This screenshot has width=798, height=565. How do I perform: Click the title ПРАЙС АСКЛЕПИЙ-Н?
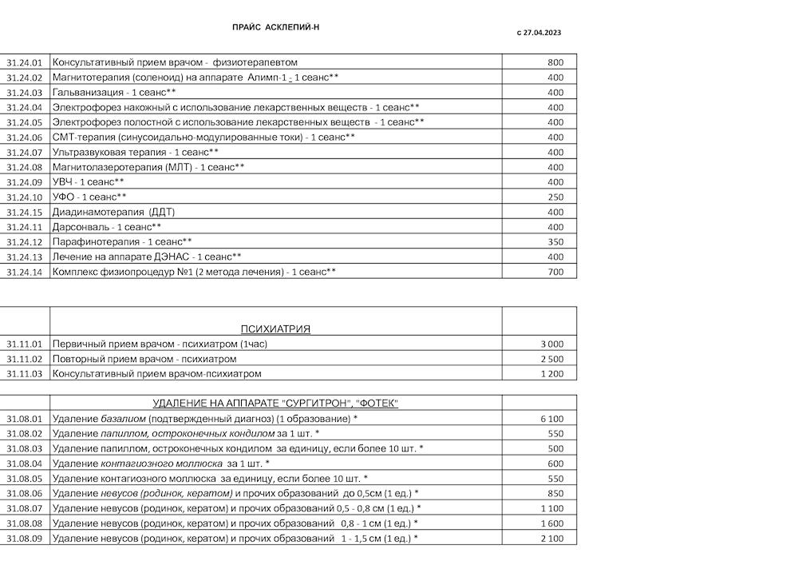pos(275,27)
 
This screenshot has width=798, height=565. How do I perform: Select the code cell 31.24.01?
pos(24,62)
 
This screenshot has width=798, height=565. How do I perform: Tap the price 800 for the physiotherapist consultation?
pos(555,62)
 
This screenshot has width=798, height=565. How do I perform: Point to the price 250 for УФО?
pos(555,197)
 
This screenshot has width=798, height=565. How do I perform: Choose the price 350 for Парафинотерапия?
pos(555,241)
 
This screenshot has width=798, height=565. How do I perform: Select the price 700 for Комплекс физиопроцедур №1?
pos(555,272)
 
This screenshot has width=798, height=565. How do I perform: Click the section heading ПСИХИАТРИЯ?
pos(275,328)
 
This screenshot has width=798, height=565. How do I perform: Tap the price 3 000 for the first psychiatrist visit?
pos(552,344)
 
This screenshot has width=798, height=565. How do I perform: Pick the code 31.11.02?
pos(24,359)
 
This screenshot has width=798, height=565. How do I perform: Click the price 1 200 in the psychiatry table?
pos(552,373)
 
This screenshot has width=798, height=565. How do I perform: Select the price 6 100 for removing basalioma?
pos(552,419)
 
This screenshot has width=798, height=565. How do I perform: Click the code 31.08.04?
pos(24,464)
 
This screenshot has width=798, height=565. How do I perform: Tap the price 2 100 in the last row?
pos(552,539)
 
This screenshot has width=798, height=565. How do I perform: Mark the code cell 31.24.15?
pos(24,212)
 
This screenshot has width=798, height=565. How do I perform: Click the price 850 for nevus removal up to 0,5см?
pos(555,493)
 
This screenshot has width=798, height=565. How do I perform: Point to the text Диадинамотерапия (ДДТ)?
pos(113,212)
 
